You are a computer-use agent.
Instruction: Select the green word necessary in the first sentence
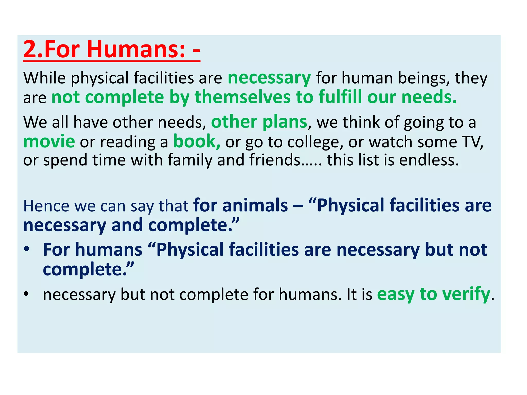pos(269,78)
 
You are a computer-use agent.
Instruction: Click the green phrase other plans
pos(259,122)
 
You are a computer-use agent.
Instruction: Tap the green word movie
pos(49,142)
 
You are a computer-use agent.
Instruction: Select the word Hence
pos(46,206)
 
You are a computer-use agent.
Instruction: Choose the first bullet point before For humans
pos(27,249)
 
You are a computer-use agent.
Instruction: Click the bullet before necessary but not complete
pos(27,294)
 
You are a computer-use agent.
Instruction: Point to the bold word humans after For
pos(109,250)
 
